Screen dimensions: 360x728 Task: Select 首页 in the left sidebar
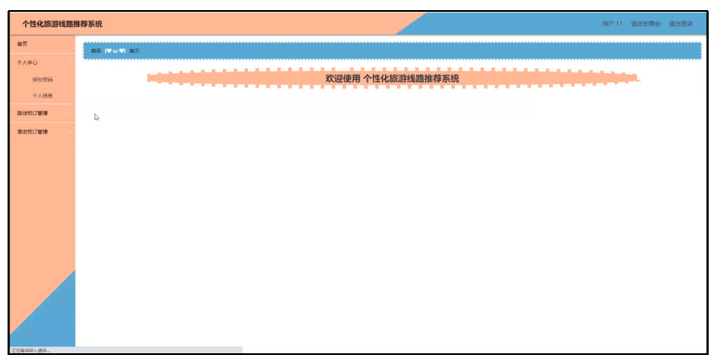23,43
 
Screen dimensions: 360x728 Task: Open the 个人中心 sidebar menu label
28,62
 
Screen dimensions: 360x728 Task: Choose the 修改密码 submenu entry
42,79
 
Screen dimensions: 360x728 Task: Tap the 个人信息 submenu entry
42,95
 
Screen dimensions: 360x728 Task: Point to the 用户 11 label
612,24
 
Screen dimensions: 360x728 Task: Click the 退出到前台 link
646,24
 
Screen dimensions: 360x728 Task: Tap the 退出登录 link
681,24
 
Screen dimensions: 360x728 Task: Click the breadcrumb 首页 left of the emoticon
96,51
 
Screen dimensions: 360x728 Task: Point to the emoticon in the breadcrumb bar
115,51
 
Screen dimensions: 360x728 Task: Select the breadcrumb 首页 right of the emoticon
135,51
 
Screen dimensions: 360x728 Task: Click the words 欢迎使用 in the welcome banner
342,78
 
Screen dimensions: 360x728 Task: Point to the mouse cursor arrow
97,117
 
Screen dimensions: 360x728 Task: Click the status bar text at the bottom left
30,350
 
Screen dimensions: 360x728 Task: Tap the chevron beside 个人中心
70,62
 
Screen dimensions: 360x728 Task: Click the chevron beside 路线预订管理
70,114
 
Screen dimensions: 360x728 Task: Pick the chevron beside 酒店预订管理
70,132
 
